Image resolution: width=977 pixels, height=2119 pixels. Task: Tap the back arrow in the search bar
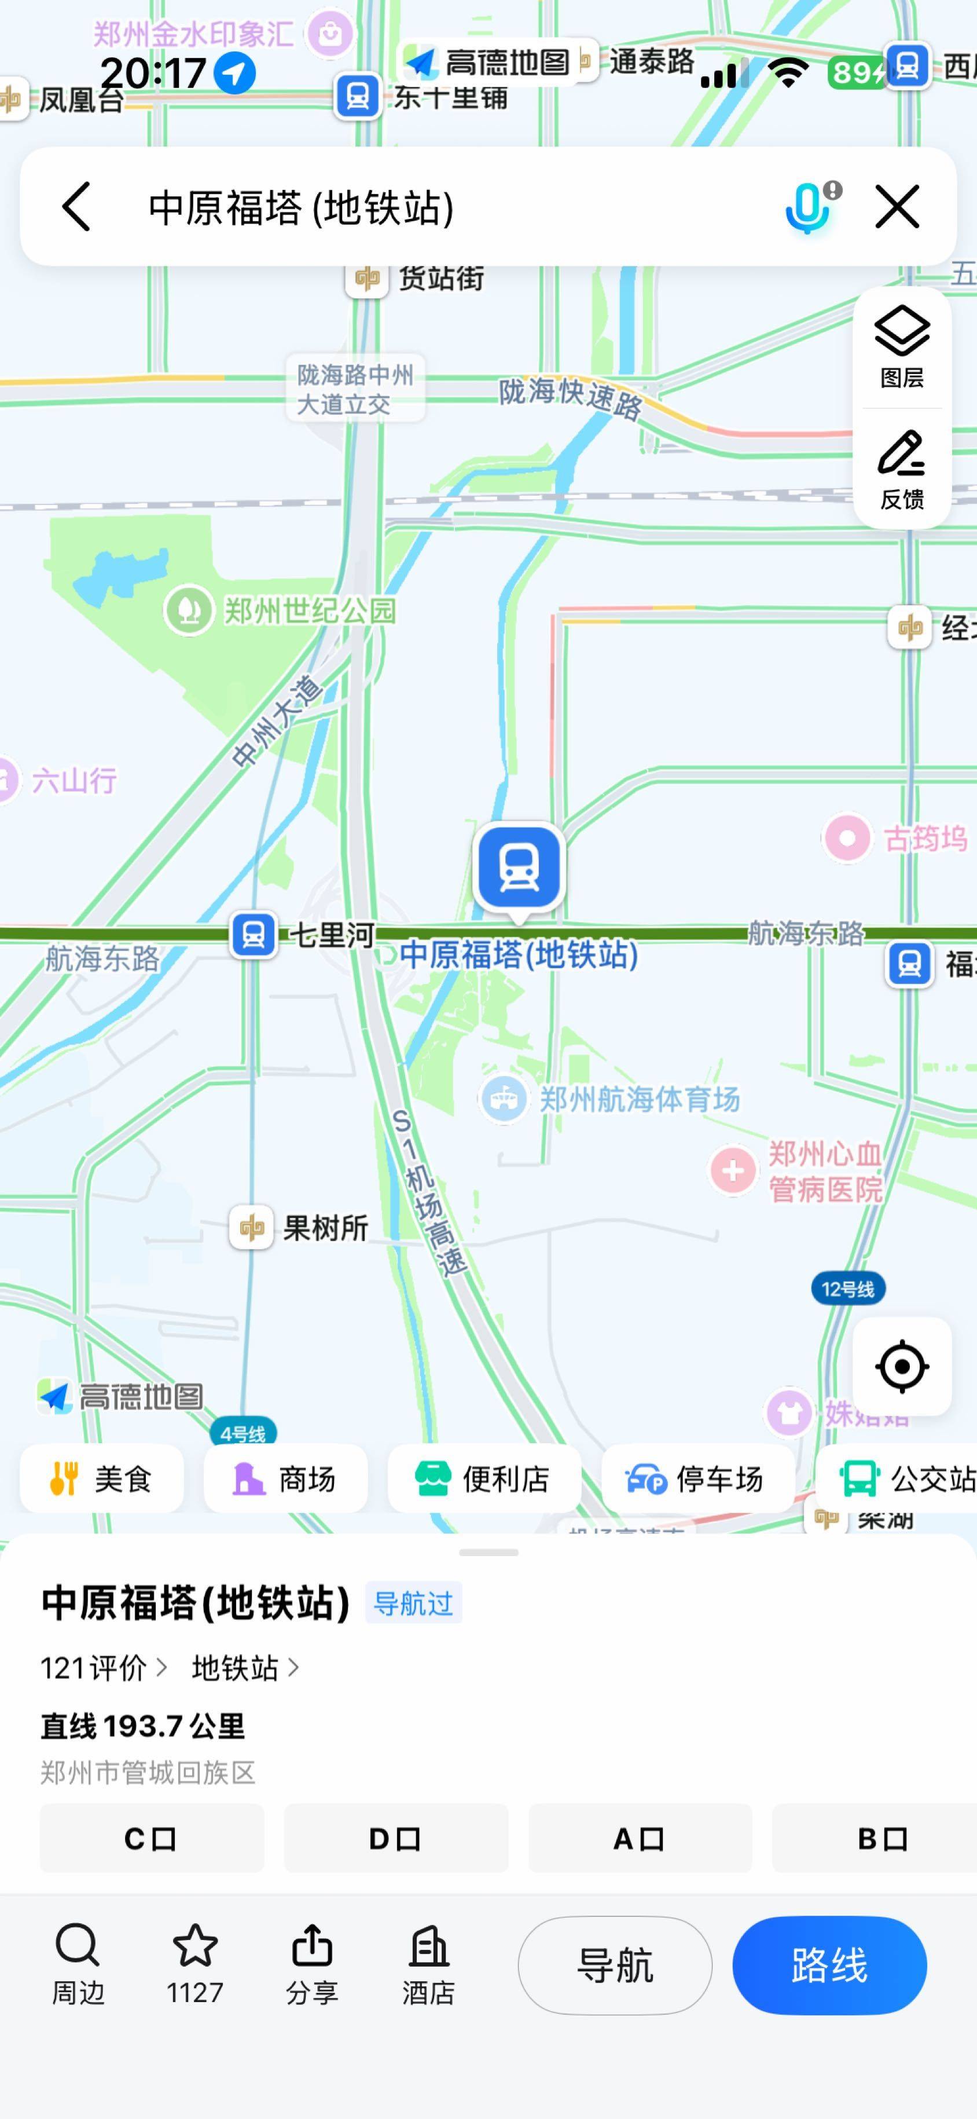click(76, 207)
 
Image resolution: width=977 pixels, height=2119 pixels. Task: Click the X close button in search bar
click(897, 207)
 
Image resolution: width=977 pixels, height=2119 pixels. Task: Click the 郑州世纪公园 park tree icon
click(189, 610)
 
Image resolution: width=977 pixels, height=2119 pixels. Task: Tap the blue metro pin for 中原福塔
click(519, 867)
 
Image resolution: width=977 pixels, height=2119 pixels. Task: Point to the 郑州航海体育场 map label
click(639, 1099)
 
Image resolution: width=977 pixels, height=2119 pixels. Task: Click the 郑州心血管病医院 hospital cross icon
click(733, 1170)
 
